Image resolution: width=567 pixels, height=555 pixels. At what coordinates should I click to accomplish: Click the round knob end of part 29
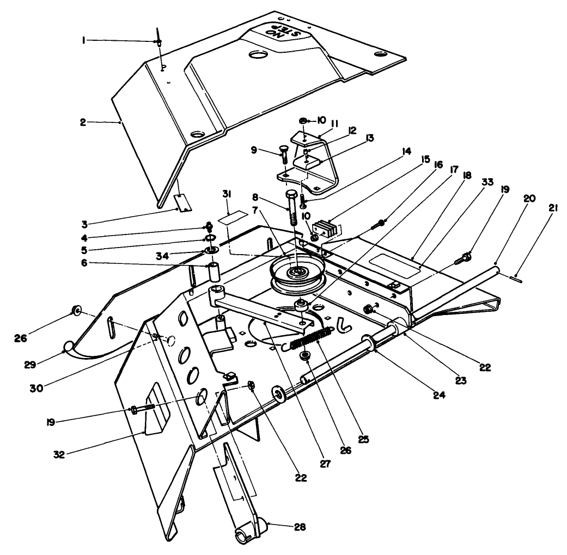69,347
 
